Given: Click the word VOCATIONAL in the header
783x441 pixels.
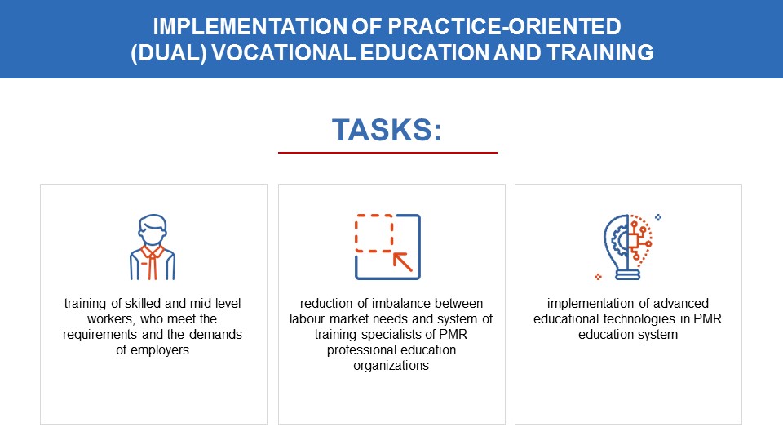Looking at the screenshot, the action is point(283,52).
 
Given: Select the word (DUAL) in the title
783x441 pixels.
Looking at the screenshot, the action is point(169,53).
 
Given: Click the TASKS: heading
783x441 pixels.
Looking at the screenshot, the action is point(387,130).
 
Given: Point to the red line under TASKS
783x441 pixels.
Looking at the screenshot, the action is point(387,153).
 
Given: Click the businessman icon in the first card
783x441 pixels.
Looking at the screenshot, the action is point(153,247).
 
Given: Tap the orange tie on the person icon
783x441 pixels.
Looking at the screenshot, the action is point(153,262).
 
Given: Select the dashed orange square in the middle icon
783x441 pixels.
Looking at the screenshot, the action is point(374,233).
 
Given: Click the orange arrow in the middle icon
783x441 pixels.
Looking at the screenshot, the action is point(402,262).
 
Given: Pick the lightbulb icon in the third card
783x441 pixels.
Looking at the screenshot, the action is point(628,247).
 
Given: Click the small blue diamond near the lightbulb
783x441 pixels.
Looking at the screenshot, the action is point(658,217).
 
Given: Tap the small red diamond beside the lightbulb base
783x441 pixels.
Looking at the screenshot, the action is point(598,277).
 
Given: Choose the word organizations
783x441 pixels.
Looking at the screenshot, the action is point(391,366).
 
